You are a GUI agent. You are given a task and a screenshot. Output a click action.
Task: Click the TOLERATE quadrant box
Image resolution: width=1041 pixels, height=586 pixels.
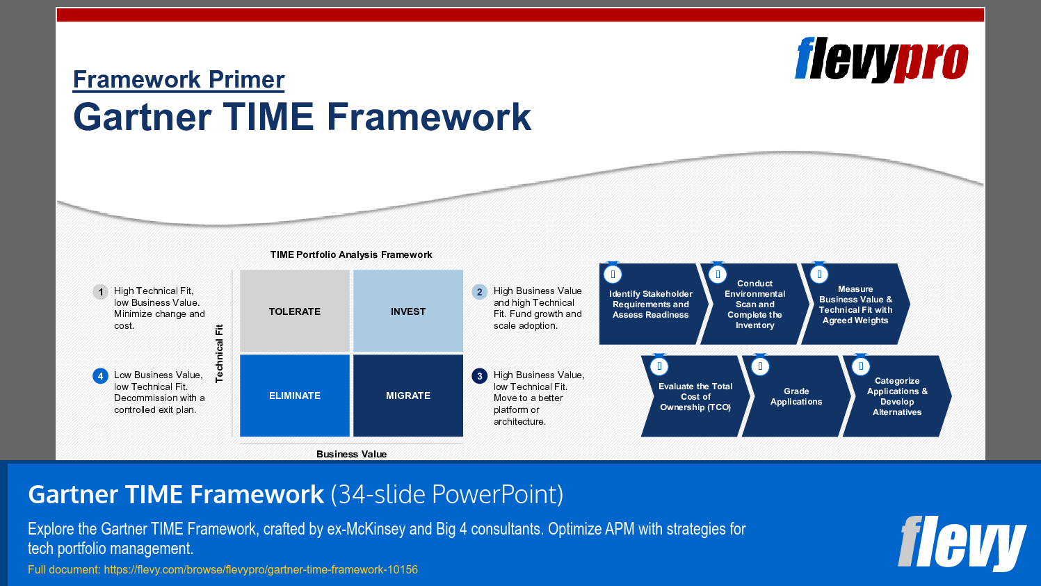295,311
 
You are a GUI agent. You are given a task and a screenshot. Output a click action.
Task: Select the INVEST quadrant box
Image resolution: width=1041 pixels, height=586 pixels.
408,311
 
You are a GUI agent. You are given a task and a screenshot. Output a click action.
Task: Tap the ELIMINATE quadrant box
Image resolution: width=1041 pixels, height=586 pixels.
295,396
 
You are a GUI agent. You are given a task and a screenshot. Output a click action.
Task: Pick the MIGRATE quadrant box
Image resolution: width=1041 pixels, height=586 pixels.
408,396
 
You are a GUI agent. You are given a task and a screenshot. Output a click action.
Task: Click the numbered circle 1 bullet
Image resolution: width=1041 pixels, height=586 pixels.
101,292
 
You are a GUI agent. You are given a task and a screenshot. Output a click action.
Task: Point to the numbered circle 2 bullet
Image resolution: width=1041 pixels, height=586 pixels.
479,292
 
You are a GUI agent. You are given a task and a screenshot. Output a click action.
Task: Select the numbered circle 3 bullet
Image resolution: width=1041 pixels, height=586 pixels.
479,376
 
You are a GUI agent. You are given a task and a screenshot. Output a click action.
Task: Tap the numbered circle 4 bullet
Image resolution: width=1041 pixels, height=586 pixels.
100,376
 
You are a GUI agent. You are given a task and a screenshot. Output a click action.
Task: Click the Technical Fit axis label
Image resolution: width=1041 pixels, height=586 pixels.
219,353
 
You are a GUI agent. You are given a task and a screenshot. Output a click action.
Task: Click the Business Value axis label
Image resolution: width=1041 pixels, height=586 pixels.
351,454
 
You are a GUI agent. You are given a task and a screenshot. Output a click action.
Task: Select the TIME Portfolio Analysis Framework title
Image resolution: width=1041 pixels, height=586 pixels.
351,254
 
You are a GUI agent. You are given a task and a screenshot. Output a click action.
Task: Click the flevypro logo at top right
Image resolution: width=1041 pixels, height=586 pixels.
881,60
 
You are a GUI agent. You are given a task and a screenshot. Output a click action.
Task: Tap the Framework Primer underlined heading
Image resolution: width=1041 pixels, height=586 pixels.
179,79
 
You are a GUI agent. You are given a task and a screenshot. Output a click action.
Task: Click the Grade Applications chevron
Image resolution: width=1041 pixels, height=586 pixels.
796,397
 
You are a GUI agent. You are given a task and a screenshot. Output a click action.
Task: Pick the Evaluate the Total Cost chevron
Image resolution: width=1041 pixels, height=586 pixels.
695,397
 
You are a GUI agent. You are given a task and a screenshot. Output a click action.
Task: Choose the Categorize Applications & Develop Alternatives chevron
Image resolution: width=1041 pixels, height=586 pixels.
897,397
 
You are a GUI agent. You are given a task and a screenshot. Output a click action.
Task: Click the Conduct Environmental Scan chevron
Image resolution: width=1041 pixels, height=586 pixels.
754,304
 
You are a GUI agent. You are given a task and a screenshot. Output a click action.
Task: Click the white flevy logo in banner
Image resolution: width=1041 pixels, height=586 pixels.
961,543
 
